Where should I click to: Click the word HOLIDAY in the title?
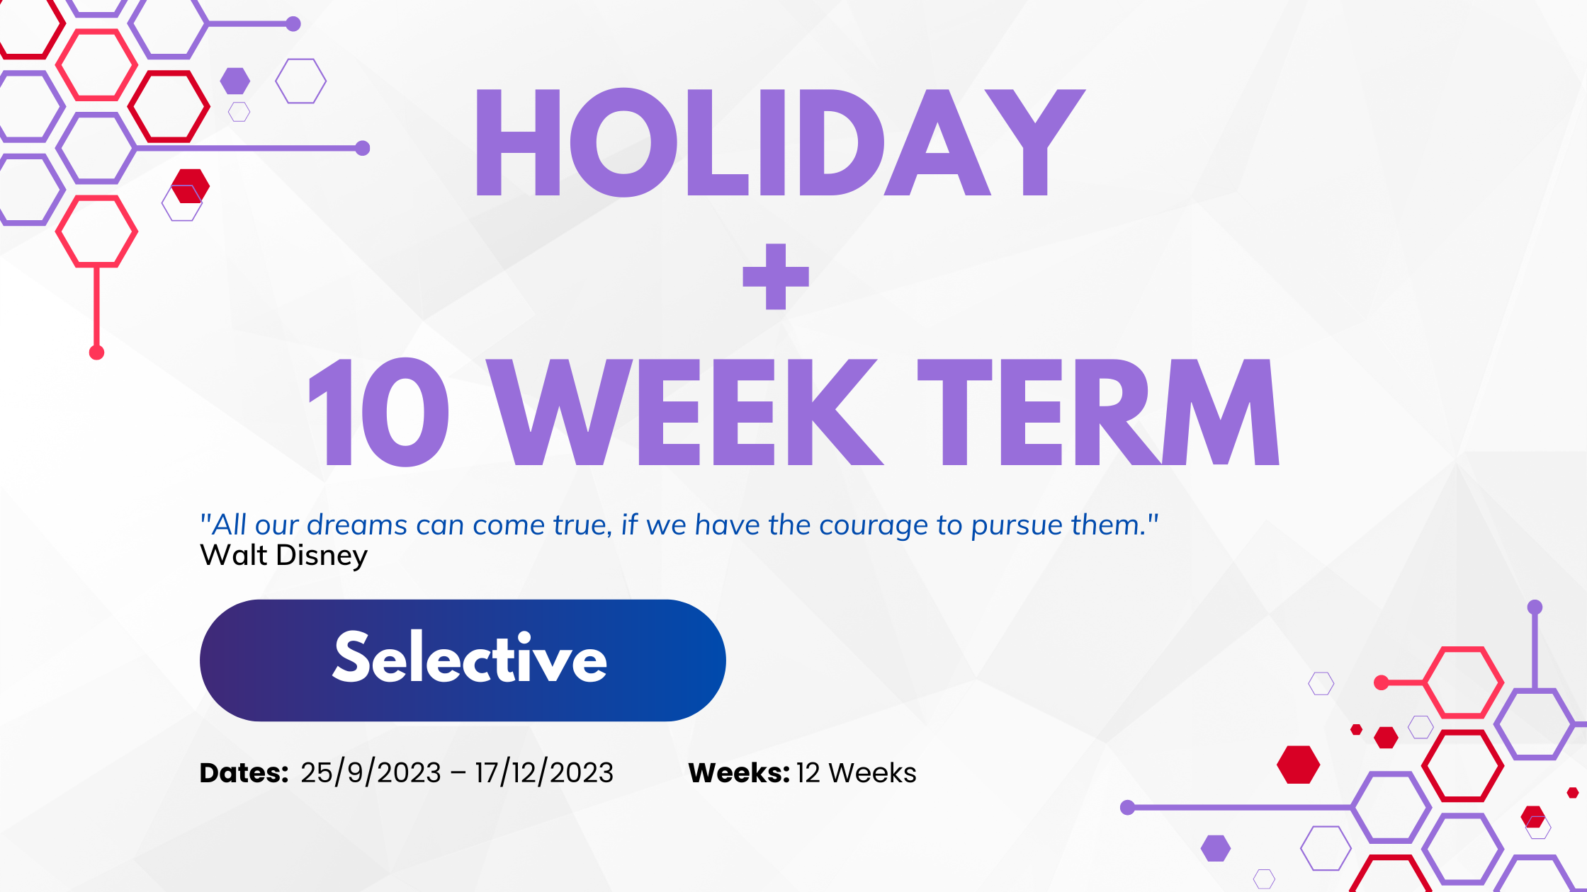(x=780, y=142)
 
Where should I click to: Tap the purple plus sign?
(x=776, y=277)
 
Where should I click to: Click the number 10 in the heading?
(x=378, y=412)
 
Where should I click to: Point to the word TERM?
(x=1098, y=412)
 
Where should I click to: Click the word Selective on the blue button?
(x=470, y=658)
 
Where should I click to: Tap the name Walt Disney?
(x=283, y=556)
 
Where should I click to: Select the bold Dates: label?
(x=244, y=772)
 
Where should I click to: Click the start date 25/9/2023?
(x=371, y=772)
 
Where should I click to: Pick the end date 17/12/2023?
(x=544, y=772)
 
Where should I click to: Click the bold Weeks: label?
(x=739, y=772)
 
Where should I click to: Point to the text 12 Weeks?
(x=857, y=772)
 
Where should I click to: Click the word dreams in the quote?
(x=357, y=525)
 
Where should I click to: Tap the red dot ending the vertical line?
(x=97, y=353)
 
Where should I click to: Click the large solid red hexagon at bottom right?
(x=1298, y=765)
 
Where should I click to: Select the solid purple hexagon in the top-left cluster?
(x=235, y=81)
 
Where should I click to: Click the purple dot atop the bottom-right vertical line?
(x=1535, y=607)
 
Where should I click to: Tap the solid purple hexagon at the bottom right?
(x=1216, y=848)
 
